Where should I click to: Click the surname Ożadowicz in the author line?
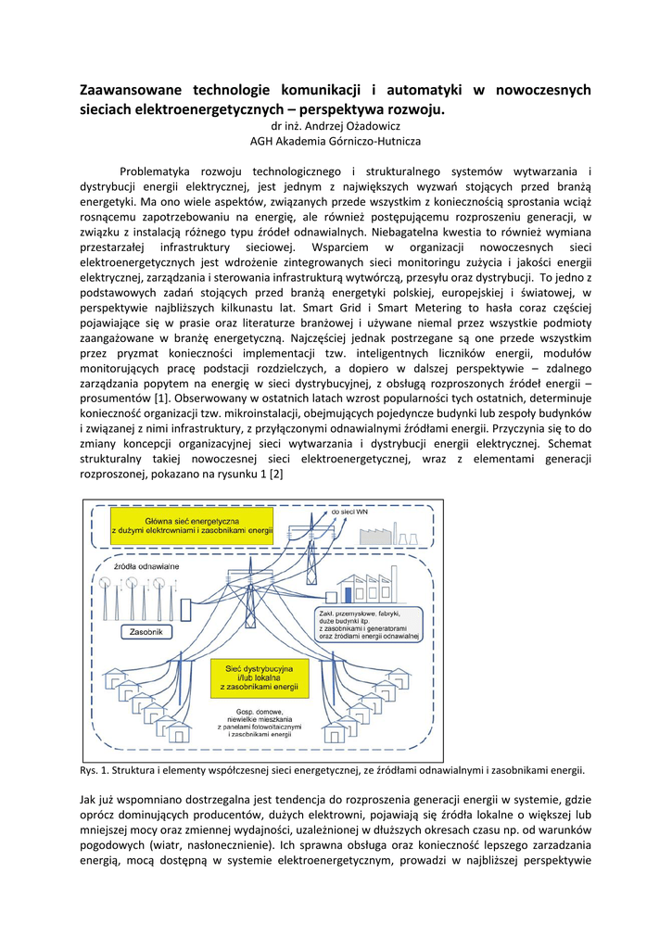click(373, 126)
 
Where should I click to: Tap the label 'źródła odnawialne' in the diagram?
click(146, 565)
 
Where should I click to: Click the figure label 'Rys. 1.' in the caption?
click(95, 770)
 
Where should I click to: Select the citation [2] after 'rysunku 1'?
click(276, 474)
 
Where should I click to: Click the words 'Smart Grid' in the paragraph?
click(353, 308)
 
